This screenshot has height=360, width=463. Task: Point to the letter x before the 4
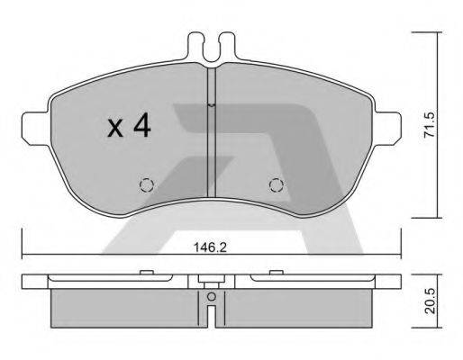[114, 129]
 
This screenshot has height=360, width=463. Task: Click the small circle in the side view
[210, 297]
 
